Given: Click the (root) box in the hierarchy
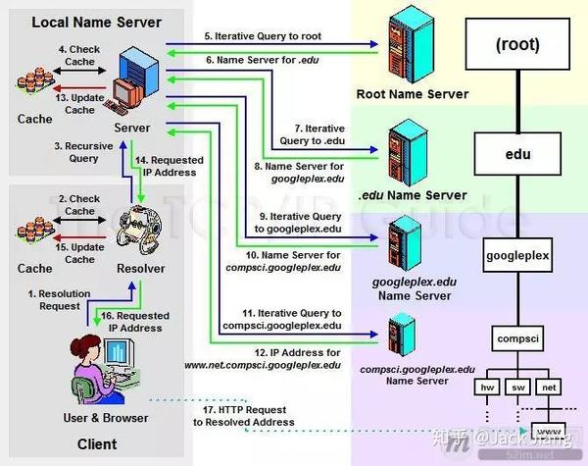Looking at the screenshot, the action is click(x=517, y=44).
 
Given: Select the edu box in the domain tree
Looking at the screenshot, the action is click(x=517, y=154).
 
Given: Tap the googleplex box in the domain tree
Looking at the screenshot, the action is click(x=517, y=255).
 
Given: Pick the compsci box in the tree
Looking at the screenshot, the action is click(x=517, y=338).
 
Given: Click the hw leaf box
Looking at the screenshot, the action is click(x=487, y=388).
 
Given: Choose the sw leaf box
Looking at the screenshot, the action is click(x=517, y=388).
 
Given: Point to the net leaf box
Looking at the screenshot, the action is click(x=549, y=388).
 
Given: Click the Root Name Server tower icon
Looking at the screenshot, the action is click(x=412, y=44).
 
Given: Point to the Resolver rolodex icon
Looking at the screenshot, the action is click(x=139, y=230).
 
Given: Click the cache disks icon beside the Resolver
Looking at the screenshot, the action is click(x=35, y=229).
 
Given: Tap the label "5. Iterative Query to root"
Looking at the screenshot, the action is click(x=263, y=36).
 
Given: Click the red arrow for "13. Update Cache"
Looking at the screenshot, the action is click(x=80, y=88).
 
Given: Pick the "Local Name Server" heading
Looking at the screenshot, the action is click(x=96, y=23).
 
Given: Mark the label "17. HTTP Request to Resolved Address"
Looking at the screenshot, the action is click(x=244, y=416).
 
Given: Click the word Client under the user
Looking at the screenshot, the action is click(x=97, y=444).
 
